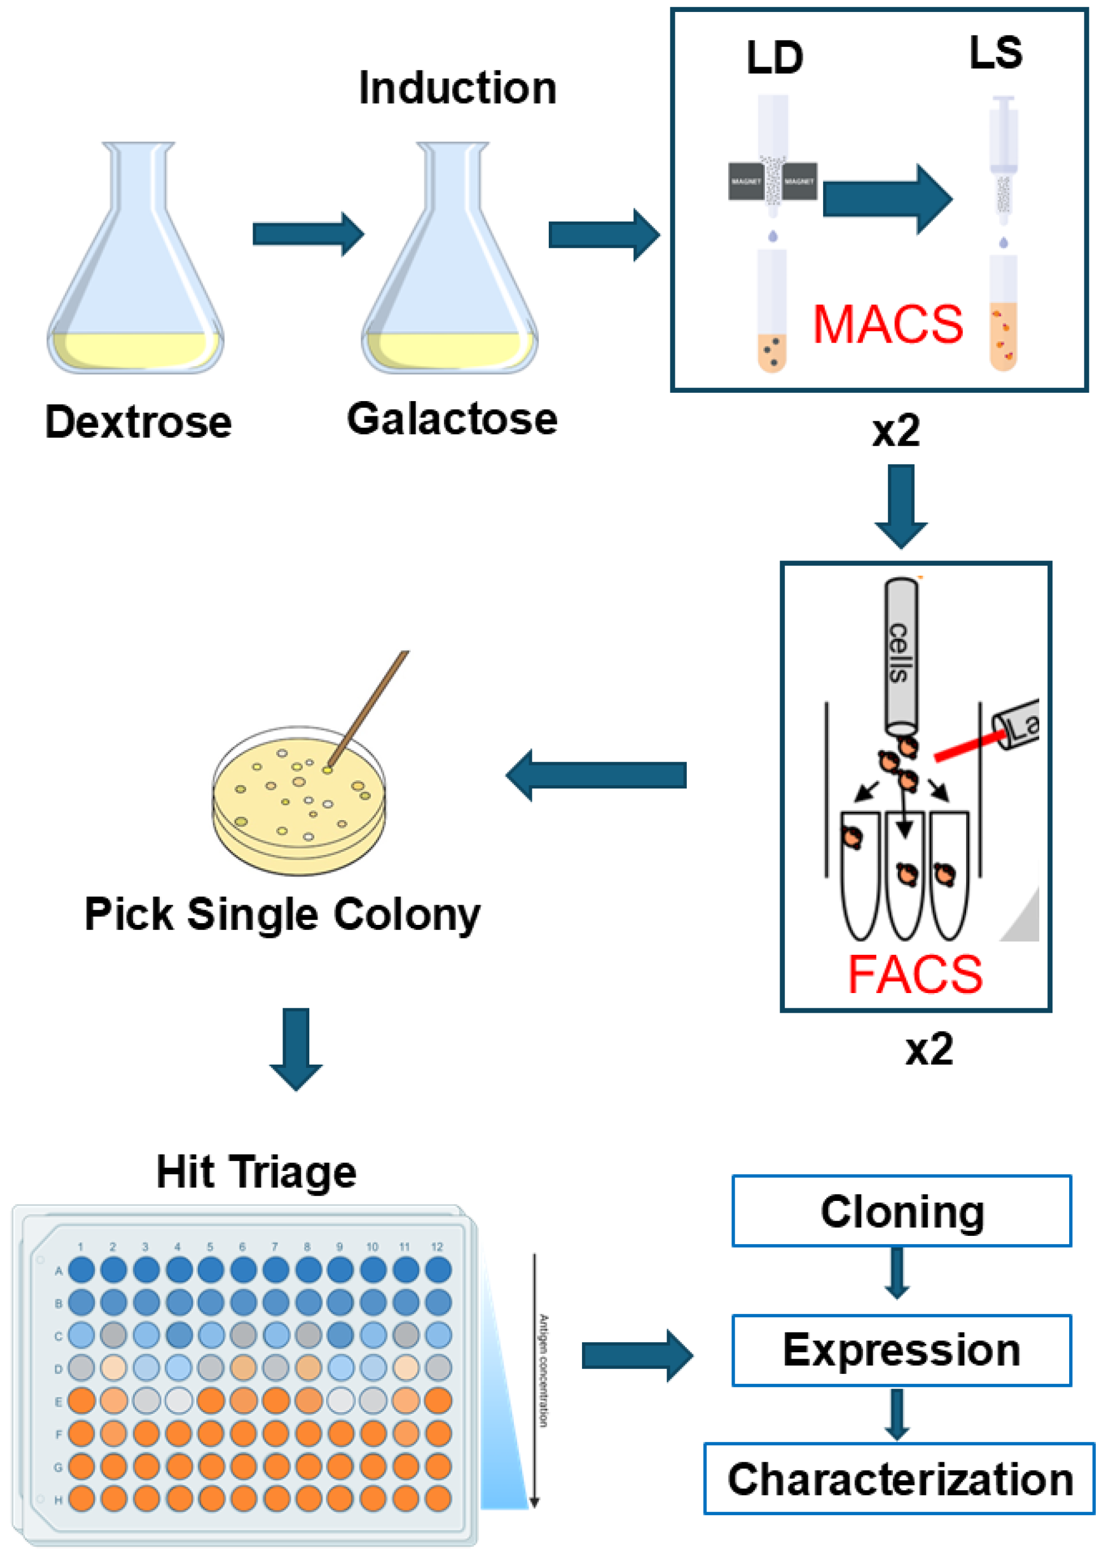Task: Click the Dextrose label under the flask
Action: [138, 423]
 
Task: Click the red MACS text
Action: [888, 325]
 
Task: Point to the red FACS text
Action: [914, 975]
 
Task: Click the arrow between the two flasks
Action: [307, 234]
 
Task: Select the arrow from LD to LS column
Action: [886, 199]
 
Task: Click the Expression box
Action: [901, 1349]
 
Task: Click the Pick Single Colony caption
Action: [282, 914]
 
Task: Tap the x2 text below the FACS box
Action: [929, 1050]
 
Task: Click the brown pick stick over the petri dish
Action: [369, 710]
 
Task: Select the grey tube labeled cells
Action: [901, 656]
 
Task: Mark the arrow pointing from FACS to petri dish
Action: [596, 775]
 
